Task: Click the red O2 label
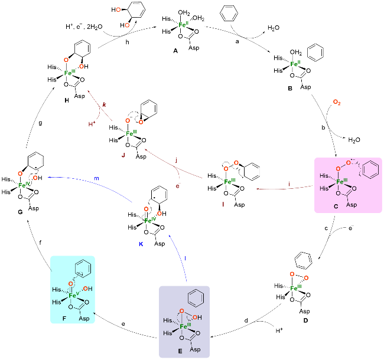337,103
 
